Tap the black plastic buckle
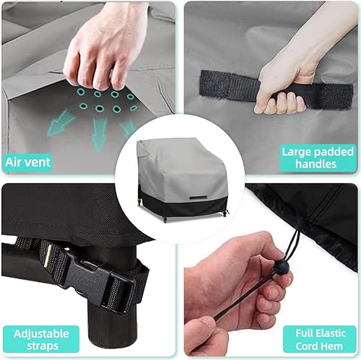(101, 281)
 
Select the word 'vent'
(39, 162)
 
